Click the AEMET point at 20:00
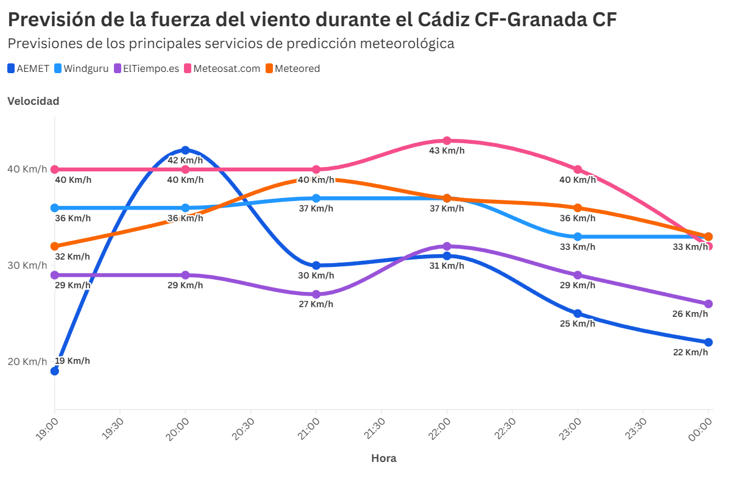[x=185, y=150]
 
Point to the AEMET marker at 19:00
[x=55, y=371]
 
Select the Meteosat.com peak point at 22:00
[x=447, y=141]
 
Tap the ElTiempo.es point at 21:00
[x=316, y=294]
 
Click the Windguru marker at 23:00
[x=577, y=236]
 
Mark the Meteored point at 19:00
[x=55, y=246]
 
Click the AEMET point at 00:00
[x=708, y=342]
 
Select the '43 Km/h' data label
[x=447, y=151]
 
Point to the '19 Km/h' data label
[x=72, y=361]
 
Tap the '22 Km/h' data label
[x=690, y=352]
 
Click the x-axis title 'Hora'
[x=384, y=458]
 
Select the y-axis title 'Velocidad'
[x=33, y=101]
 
